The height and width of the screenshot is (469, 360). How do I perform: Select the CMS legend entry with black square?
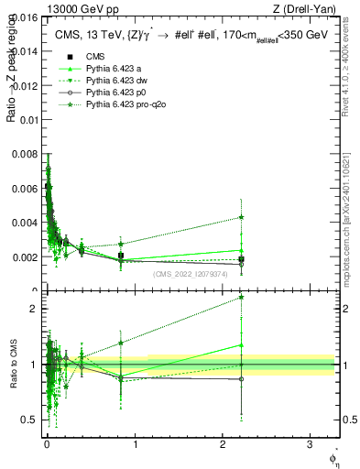[90, 58]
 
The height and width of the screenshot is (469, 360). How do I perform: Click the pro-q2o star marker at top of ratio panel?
[241, 297]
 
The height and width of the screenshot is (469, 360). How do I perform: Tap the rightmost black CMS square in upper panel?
[241, 259]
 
